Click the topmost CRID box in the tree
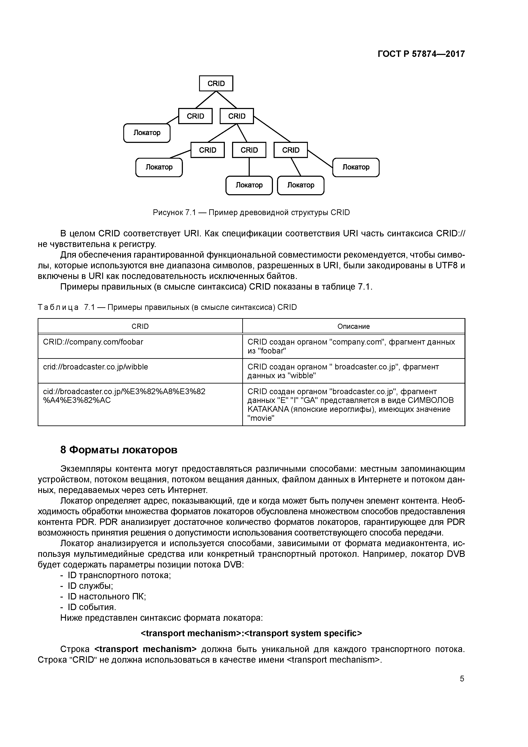[216, 83]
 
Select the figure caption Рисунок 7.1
[251, 213]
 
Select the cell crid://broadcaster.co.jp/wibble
[95, 367]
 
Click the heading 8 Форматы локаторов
[119, 450]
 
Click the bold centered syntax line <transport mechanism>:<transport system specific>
[251, 633]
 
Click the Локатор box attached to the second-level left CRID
[147, 133]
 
